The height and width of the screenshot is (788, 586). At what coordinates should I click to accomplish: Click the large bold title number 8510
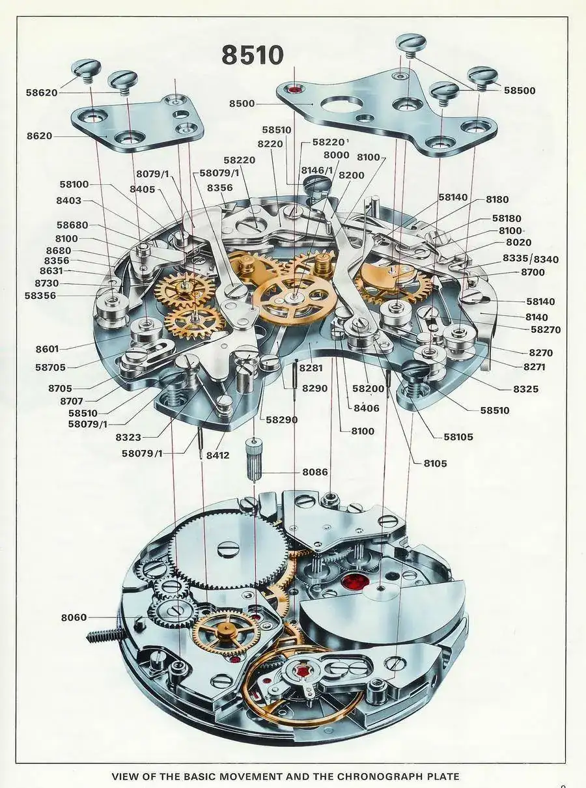tap(253, 55)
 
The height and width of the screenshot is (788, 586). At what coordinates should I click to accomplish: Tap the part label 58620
tap(41, 92)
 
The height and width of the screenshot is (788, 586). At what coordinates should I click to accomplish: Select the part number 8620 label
tap(39, 136)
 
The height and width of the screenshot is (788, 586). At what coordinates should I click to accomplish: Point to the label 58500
tap(520, 91)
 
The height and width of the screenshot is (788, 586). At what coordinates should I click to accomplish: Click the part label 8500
tap(242, 104)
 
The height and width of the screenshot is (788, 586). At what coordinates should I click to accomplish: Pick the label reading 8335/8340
tap(531, 259)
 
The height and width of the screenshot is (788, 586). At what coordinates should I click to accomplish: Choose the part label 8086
tap(315, 471)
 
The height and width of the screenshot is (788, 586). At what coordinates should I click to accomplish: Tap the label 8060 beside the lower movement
tap(74, 617)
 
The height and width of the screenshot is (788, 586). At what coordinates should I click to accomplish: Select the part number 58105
tap(458, 436)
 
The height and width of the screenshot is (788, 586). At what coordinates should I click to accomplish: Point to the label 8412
tap(217, 455)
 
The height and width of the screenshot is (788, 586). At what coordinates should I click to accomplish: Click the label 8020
tap(518, 243)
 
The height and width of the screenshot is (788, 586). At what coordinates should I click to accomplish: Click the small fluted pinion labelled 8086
tap(254, 461)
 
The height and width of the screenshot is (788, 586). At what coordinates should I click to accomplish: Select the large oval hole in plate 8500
tap(343, 104)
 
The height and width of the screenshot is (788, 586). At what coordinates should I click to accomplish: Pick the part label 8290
tap(315, 388)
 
